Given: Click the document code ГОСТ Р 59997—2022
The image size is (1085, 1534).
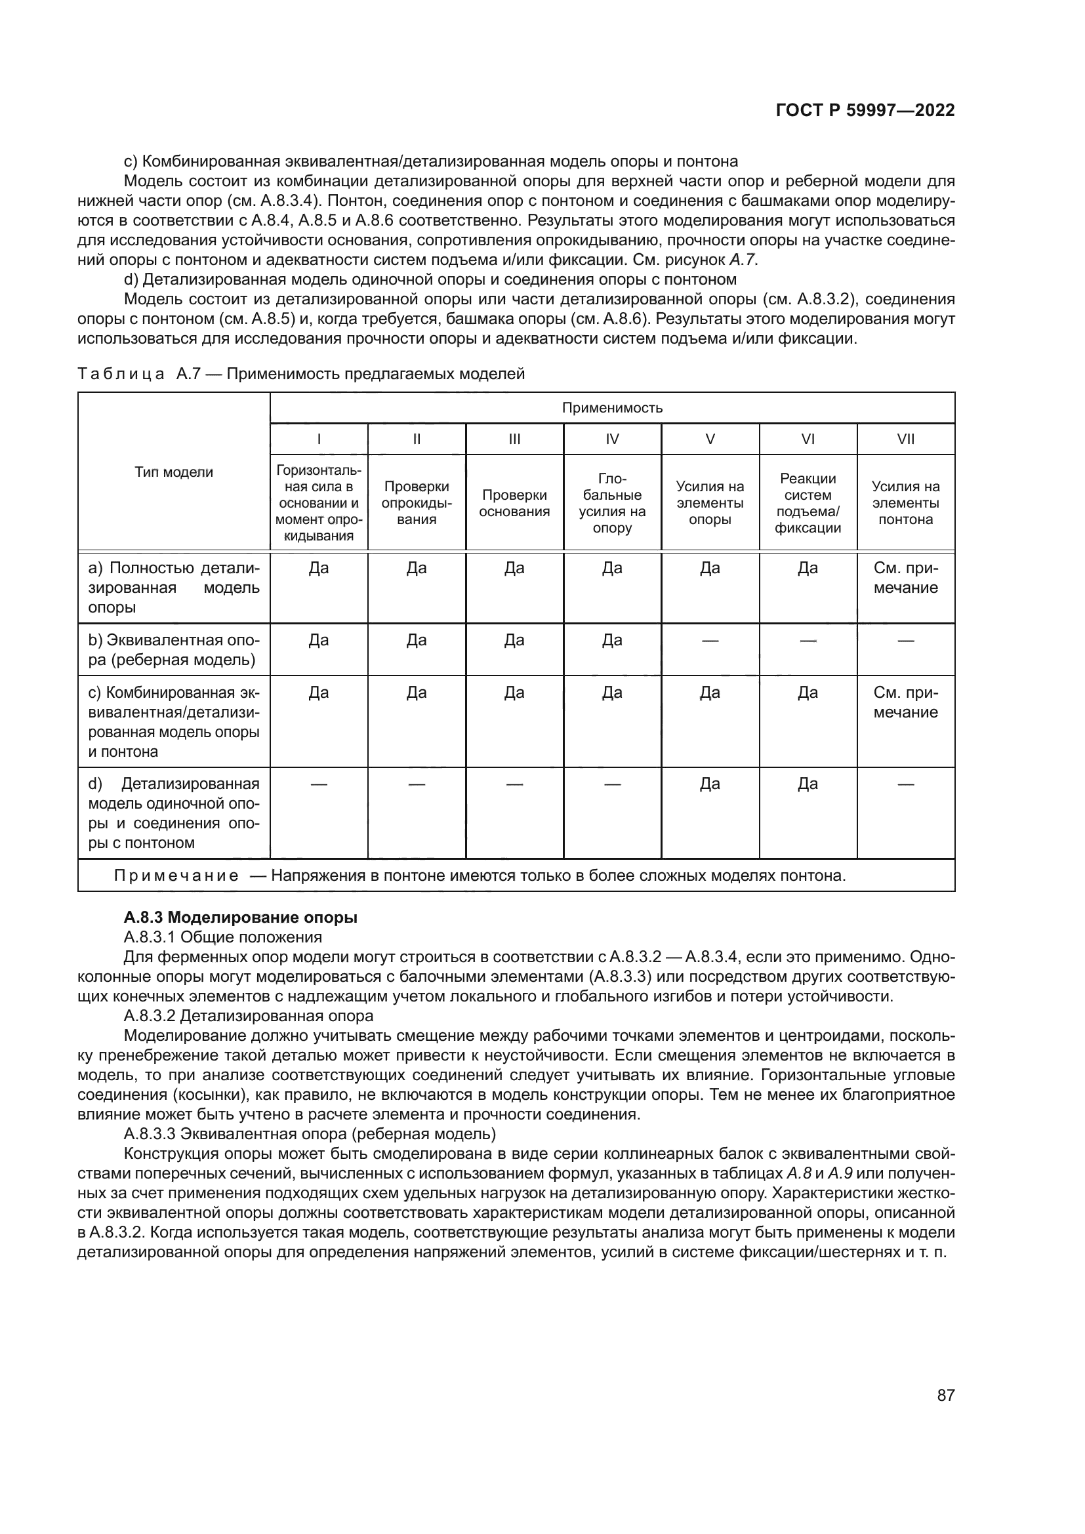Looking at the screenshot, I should point(865,110).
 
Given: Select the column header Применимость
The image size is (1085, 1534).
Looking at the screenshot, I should point(612,407).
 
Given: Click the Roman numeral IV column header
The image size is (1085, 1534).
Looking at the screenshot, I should point(612,439).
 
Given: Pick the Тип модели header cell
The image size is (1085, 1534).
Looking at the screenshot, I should point(174,472).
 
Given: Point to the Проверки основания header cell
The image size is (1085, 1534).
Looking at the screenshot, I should point(514,503).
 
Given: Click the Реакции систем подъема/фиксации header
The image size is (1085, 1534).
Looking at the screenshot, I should point(808,503).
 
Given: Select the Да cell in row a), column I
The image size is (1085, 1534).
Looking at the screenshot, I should point(319,569).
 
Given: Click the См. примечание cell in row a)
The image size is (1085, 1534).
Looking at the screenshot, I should point(905,578).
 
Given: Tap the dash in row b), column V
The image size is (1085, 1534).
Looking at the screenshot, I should point(710,641).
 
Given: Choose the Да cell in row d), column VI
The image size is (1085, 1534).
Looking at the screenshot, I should point(808,784).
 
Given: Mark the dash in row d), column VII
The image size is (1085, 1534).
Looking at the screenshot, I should point(905,784).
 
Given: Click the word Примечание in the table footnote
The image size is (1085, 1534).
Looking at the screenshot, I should point(176,876).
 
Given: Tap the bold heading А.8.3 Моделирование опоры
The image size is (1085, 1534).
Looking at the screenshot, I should point(241,918).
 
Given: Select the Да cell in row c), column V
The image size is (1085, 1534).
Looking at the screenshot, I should point(710,693).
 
